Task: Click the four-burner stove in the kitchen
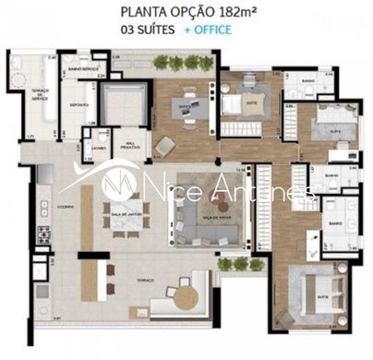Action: (42, 228)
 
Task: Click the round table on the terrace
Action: (185, 297)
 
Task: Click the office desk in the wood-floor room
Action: (189, 103)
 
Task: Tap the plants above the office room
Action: (182, 63)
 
